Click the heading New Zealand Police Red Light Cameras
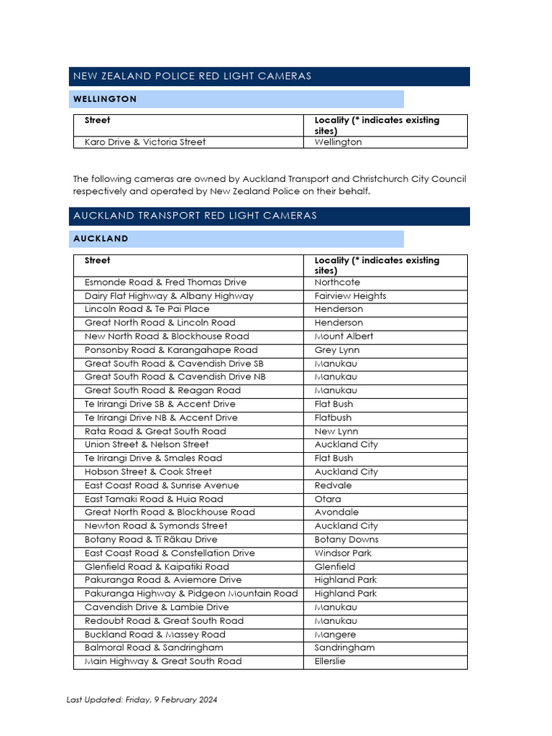191,76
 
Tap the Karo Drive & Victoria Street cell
145,142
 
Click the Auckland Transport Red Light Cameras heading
195,216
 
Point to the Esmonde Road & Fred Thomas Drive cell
165,282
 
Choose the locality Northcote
337,282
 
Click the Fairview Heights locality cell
350,296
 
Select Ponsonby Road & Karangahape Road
171,350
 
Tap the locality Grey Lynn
337,350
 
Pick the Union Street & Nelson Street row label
147,445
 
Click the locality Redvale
333,485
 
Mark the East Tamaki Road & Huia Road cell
154,499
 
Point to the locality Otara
328,499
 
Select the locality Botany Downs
346,540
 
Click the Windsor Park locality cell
343,553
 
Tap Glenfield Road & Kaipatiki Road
157,567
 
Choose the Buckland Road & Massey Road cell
155,635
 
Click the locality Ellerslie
330,661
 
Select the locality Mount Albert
344,336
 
